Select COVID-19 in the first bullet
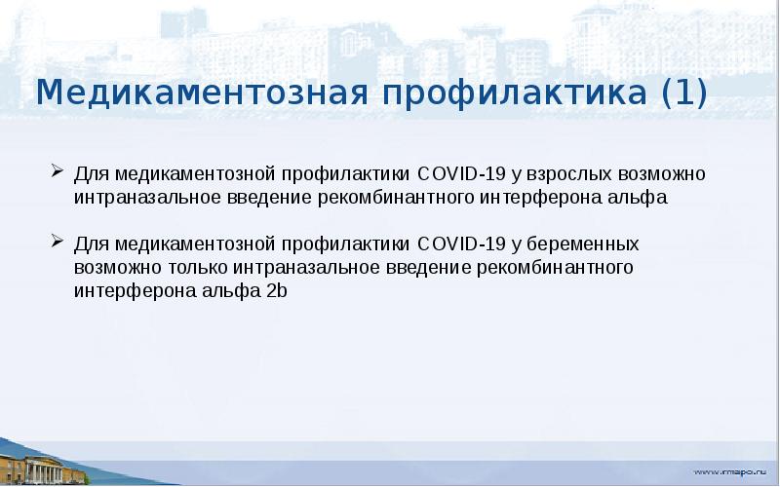(x=459, y=175)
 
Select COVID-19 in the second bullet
(x=459, y=243)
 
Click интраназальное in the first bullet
(x=140, y=198)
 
